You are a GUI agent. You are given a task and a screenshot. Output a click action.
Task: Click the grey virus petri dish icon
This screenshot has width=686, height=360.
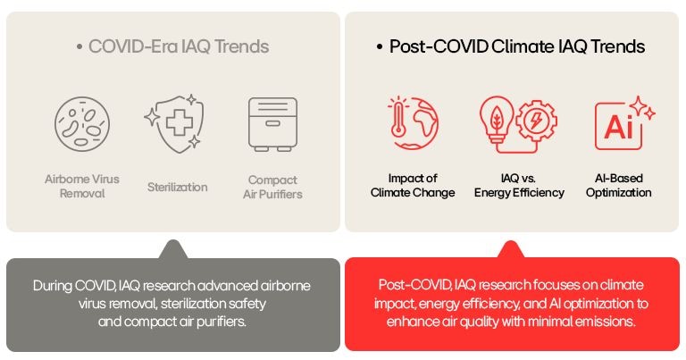click(x=82, y=124)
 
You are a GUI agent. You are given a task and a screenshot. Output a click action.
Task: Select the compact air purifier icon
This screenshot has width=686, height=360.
click(x=273, y=124)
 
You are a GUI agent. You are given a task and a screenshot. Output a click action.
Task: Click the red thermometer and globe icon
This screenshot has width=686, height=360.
click(x=413, y=124)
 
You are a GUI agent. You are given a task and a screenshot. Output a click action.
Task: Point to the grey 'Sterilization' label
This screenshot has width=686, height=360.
click(x=177, y=187)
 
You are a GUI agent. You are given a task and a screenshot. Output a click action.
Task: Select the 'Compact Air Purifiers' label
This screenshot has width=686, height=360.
click(x=273, y=187)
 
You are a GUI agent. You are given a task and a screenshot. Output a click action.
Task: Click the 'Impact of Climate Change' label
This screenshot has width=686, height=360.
click(x=413, y=186)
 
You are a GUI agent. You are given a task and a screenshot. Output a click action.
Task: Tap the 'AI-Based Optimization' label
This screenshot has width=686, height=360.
click(x=619, y=186)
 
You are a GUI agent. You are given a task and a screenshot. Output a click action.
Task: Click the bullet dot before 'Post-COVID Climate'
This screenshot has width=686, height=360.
click(x=381, y=47)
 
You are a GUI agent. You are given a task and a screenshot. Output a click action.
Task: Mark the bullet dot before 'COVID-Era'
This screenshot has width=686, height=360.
click(x=79, y=47)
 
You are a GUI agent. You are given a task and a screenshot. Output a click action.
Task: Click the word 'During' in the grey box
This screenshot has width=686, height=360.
click(x=52, y=287)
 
